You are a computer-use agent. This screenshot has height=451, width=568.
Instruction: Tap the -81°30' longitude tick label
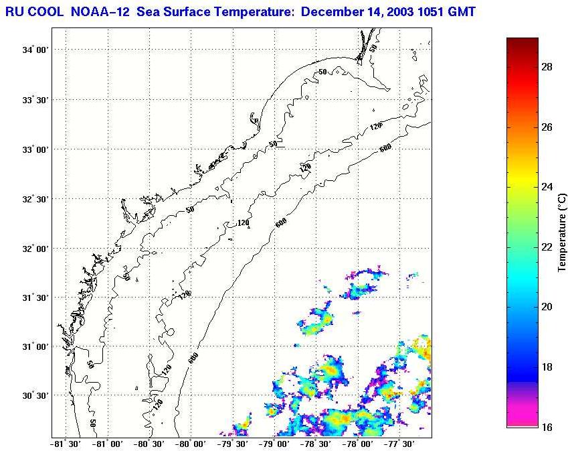(x=65, y=444)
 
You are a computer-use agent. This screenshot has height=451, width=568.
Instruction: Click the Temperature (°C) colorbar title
(x=563, y=232)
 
